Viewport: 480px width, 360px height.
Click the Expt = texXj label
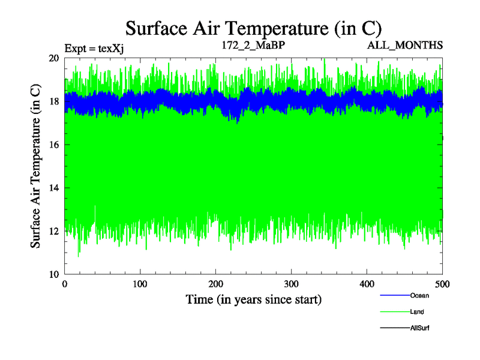94,46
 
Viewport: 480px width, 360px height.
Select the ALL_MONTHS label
410,46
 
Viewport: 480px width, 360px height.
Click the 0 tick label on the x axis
65,283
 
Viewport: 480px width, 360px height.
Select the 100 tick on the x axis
140,283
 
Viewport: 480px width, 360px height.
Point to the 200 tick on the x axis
216,283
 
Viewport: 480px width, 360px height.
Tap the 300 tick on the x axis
292,283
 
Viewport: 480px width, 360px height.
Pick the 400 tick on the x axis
367,283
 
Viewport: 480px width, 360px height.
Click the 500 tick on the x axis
443,283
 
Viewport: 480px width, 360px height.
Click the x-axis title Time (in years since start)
254,299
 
